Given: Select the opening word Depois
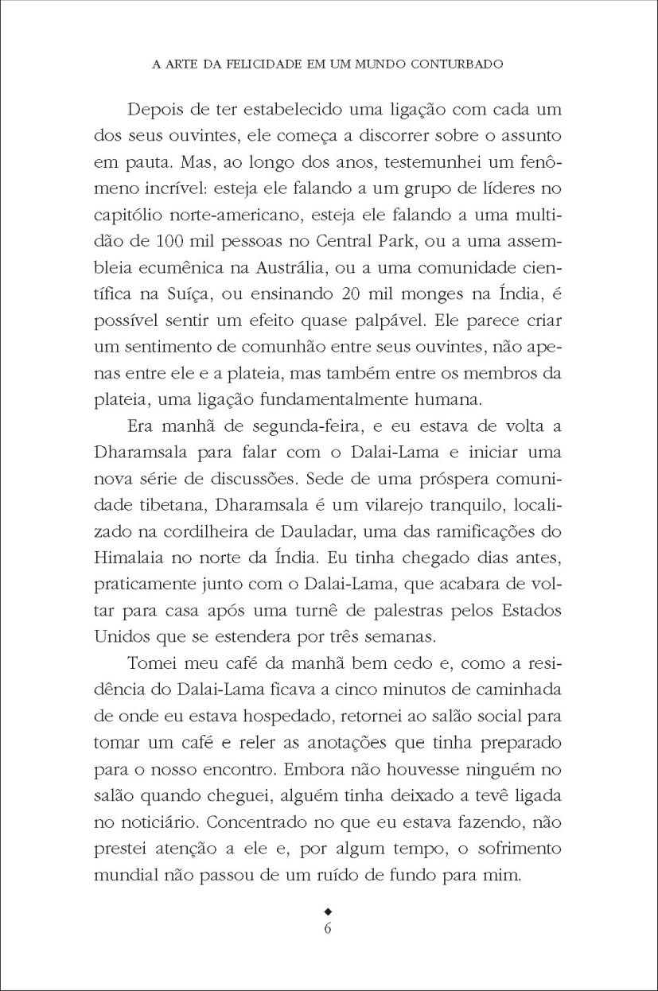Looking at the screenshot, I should click(x=158, y=106).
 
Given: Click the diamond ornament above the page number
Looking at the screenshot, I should click(x=329, y=909).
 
